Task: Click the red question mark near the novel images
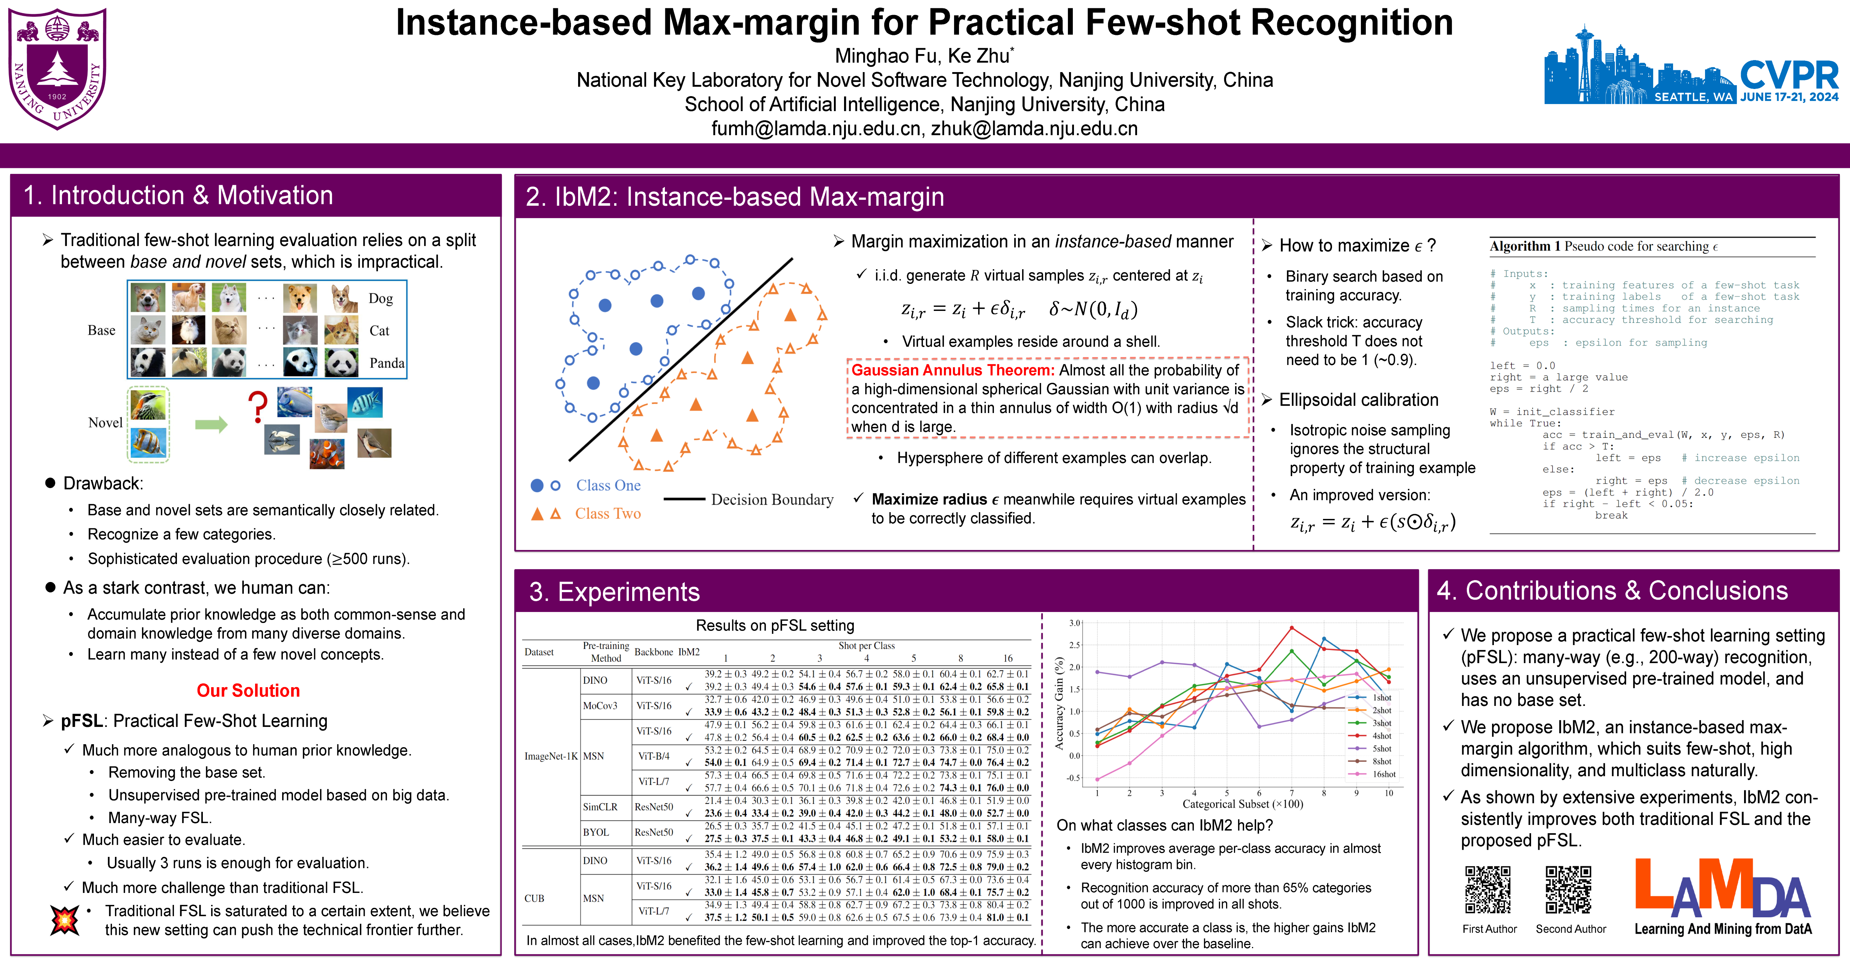coord(257,406)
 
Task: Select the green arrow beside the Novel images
coord(211,424)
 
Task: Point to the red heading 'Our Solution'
coord(249,691)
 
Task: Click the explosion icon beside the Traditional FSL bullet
coord(65,919)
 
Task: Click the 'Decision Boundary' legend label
coord(772,500)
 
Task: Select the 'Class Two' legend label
coord(607,513)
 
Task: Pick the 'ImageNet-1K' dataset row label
coord(551,756)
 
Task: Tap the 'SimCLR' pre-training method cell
coord(600,807)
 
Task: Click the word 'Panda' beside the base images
coord(387,363)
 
